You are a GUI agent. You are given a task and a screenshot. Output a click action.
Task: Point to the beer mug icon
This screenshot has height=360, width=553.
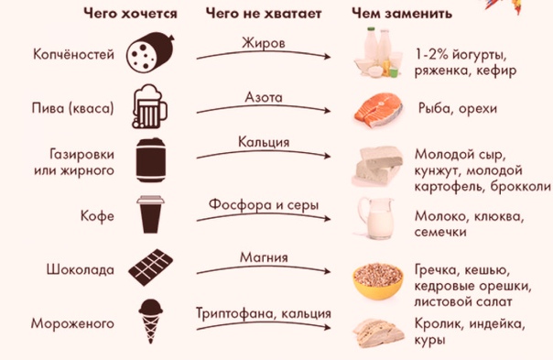(151, 108)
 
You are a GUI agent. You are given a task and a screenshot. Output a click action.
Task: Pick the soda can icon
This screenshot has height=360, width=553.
(150, 161)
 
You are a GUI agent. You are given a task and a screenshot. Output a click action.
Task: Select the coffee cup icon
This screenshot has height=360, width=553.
(151, 216)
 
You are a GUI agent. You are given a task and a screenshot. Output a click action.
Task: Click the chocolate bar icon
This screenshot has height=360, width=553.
(150, 267)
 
